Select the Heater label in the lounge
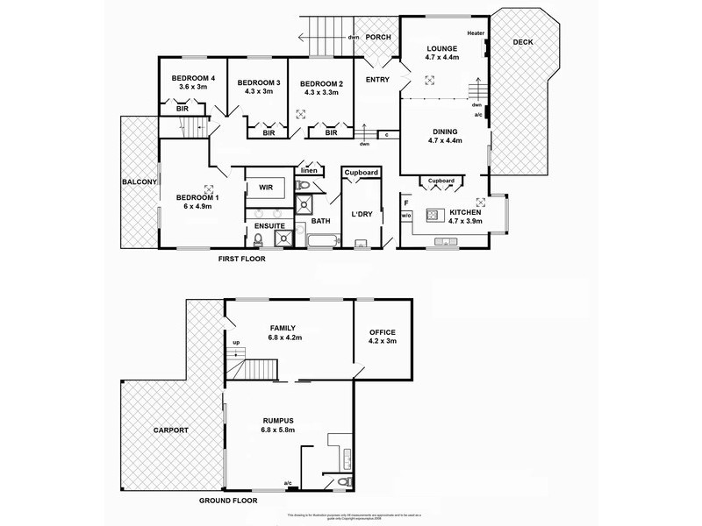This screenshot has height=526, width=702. click(x=476, y=33)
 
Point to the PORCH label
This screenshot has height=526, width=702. click(x=378, y=37)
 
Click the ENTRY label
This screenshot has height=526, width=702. click(x=377, y=80)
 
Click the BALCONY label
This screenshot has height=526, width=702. click(x=140, y=181)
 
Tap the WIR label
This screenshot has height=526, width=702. click(x=266, y=188)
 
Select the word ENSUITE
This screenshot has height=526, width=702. click(x=269, y=226)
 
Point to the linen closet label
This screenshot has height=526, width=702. click(x=309, y=170)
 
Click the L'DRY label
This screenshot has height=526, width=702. click(x=362, y=215)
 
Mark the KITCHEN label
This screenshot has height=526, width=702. click(x=465, y=212)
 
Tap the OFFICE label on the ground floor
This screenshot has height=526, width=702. click(x=383, y=332)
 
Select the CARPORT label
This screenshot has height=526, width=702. click(x=169, y=431)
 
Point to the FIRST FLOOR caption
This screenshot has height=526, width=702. click(x=242, y=259)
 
